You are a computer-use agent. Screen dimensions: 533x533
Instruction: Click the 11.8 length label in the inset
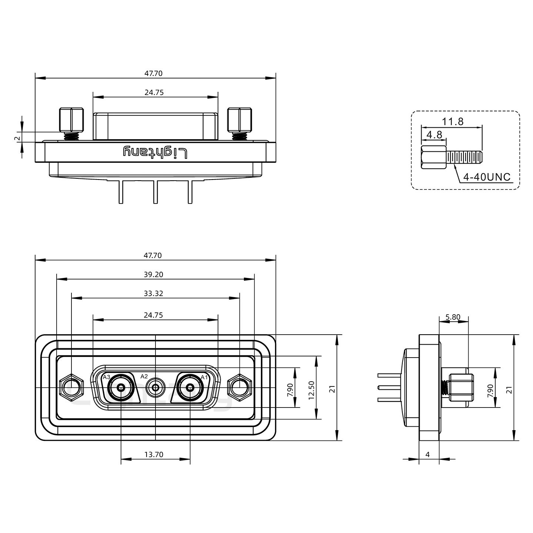click(x=452, y=121)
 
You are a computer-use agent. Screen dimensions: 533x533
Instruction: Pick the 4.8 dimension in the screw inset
click(x=434, y=135)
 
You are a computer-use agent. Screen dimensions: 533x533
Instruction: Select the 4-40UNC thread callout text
click(x=487, y=177)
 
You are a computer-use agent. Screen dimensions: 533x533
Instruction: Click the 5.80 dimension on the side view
click(x=453, y=317)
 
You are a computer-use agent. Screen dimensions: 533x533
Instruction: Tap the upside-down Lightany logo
click(x=155, y=152)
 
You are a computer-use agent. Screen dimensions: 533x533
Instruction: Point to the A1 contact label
click(x=204, y=377)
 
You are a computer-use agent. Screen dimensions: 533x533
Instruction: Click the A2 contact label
click(x=144, y=376)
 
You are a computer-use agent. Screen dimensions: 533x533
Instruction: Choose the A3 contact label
click(x=107, y=377)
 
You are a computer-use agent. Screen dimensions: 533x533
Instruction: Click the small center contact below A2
click(x=155, y=388)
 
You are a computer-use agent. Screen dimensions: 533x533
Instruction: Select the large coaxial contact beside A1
click(x=190, y=388)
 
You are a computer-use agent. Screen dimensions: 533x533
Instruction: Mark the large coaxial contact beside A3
click(x=121, y=388)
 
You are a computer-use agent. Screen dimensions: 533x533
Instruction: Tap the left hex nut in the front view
click(x=71, y=388)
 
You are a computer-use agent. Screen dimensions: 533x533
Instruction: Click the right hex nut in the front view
click(x=239, y=388)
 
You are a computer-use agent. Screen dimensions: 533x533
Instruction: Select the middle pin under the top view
click(x=155, y=192)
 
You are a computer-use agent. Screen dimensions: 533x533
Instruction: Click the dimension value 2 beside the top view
click(x=17, y=138)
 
